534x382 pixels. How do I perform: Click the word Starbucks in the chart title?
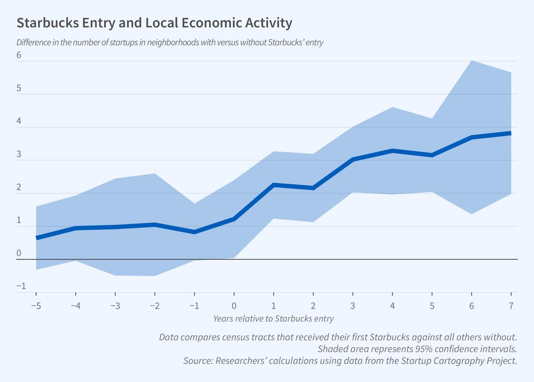tap(48, 23)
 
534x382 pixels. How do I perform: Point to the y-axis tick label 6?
tap(19, 55)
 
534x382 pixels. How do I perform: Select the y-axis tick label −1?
tap(21, 286)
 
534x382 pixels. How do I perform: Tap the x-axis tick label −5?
tap(36, 306)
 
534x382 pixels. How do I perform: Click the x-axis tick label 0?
tap(234, 306)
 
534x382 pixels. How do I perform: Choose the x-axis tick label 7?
tap(511, 306)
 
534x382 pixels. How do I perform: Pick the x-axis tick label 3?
tap(353, 306)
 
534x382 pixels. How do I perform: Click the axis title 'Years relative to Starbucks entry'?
tap(274, 319)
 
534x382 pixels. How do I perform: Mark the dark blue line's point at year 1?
tap(274, 185)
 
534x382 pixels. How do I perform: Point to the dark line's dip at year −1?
tap(194, 232)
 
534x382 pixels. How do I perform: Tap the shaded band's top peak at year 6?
tap(472, 61)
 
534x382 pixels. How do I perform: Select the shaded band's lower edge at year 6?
tap(472, 214)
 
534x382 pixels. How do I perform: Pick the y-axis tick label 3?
tap(19, 154)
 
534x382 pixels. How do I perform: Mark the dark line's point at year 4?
tap(393, 150)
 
